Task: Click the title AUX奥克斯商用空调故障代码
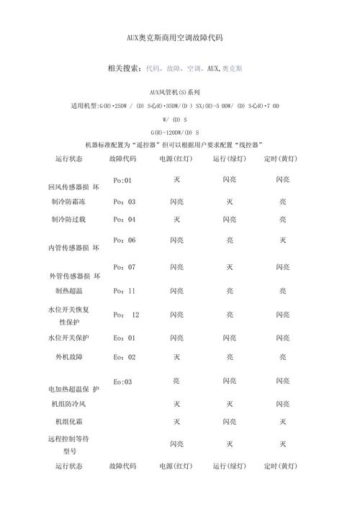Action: click(x=179, y=37)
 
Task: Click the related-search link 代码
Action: click(x=153, y=69)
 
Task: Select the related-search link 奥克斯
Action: click(x=232, y=69)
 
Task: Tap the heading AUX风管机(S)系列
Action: click(x=179, y=93)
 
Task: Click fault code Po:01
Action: click(x=123, y=181)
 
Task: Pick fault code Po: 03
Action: click(x=124, y=202)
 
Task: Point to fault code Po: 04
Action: click(x=124, y=219)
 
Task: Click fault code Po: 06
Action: click(x=124, y=240)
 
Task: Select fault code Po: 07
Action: click(x=124, y=267)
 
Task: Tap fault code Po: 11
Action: click(x=124, y=291)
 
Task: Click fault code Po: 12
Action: click(x=125, y=315)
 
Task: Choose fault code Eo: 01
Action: click(x=124, y=338)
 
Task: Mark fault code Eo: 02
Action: click(x=124, y=356)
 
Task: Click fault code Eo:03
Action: click(x=123, y=382)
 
